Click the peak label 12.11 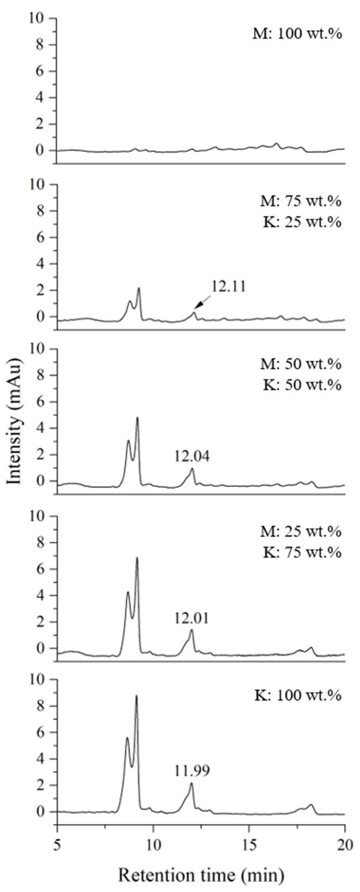[x=229, y=287]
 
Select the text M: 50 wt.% [x=301, y=364]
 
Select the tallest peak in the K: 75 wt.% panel [x=137, y=558]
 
